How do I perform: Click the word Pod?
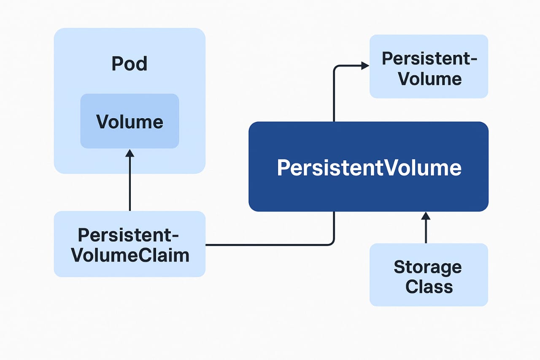pyautogui.click(x=130, y=64)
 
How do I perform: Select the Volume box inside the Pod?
pyautogui.click(x=130, y=121)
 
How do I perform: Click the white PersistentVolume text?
pyautogui.click(x=369, y=168)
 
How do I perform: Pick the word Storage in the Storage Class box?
pyautogui.click(x=428, y=267)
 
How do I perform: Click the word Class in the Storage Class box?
pyautogui.click(x=429, y=287)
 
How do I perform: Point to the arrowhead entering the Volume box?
pyautogui.click(x=130, y=153)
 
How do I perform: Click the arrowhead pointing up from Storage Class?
pyautogui.click(x=426, y=216)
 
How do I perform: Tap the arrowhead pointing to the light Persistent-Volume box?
pyautogui.click(x=365, y=65)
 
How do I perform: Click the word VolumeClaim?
pyautogui.click(x=130, y=255)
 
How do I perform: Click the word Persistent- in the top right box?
pyautogui.click(x=429, y=59)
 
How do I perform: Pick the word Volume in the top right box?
pyautogui.click(x=430, y=79)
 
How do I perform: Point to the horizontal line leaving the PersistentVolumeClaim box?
pyautogui.click(x=266, y=245)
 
